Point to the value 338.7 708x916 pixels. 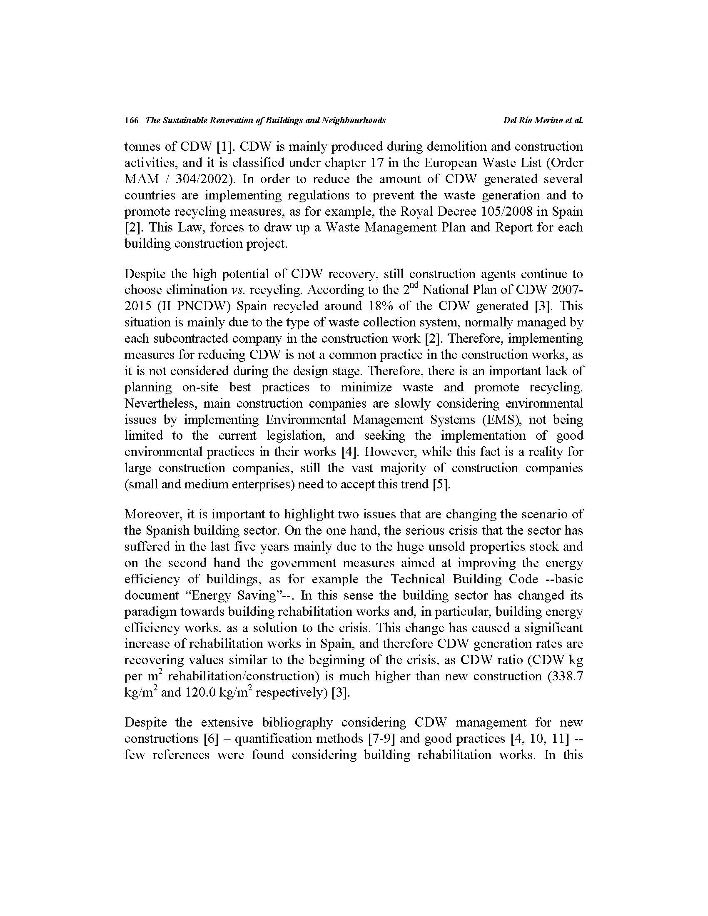(x=568, y=677)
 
